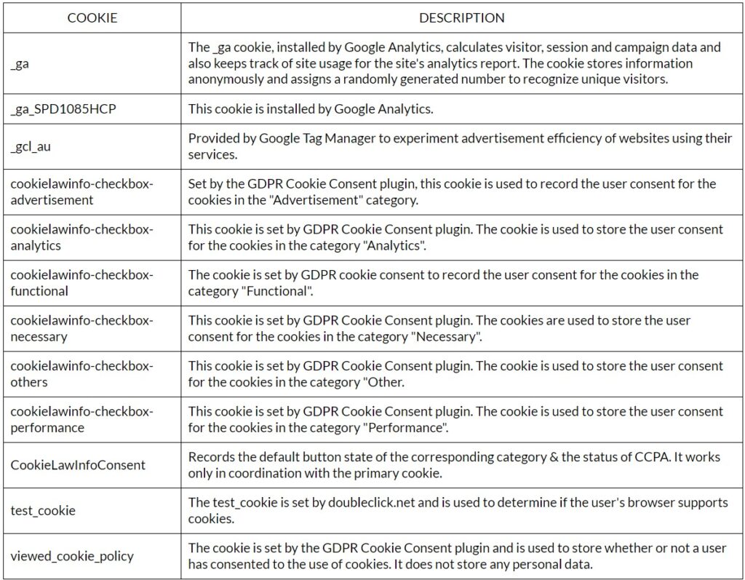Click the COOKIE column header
tap(92, 18)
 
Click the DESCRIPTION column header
tap(462, 18)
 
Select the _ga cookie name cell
tap(20, 63)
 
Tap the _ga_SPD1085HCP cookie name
tap(63, 109)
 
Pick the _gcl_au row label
tap(31, 146)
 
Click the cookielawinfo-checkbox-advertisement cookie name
tap(81, 191)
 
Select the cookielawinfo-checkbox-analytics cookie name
tap(81, 237)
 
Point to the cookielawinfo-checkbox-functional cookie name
tap(81, 283)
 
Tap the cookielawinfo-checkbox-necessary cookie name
tap(81, 328)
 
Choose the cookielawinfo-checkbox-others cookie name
tap(81, 374)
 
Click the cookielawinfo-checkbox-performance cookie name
tap(81, 420)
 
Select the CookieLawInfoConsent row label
tap(78, 465)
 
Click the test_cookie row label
tap(43, 511)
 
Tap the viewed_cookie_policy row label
tap(72, 557)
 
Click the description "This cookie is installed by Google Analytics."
tap(311, 109)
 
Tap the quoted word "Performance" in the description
tap(407, 427)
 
